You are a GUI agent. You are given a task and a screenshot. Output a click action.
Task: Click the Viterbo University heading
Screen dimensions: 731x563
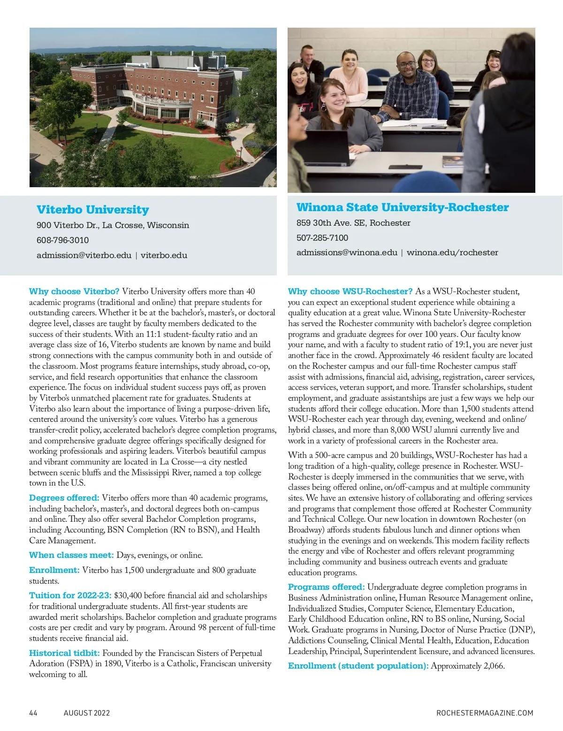click(92, 210)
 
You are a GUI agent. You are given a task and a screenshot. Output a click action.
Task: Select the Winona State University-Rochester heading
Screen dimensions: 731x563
click(402, 207)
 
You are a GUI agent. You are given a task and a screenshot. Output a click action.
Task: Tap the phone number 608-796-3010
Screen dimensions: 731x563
click(62, 240)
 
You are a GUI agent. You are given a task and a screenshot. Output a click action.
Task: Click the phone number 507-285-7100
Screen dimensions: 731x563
click(322, 238)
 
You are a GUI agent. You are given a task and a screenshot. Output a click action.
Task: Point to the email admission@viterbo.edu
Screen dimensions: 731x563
click(84, 256)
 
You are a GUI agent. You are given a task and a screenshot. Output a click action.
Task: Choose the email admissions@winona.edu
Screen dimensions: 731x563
click(347, 252)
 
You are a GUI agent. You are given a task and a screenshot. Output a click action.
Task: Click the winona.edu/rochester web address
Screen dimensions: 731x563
click(452, 252)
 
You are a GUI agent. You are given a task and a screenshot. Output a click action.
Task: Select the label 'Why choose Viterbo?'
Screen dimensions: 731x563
click(74, 291)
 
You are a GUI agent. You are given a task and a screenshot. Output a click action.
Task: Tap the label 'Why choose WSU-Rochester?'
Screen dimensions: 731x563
click(350, 291)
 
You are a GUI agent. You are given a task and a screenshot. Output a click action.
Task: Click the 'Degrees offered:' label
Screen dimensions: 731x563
click(64, 498)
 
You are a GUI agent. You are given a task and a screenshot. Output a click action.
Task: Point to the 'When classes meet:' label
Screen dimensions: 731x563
click(71, 556)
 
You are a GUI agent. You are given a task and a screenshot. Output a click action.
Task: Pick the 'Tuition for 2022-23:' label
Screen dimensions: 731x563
click(70, 595)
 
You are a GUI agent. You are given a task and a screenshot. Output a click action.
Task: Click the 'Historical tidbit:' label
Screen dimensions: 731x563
click(64, 653)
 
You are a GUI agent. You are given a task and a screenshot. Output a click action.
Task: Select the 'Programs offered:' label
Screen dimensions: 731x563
click(326, 587)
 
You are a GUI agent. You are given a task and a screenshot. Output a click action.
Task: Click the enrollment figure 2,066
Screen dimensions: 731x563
click(494, 666)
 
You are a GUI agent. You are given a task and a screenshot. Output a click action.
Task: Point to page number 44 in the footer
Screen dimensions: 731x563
click(33, 713)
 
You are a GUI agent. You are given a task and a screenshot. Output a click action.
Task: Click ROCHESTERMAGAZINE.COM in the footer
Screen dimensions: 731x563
click(485, 713)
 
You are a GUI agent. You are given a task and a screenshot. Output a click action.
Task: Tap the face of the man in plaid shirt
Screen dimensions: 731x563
click(404, 65)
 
